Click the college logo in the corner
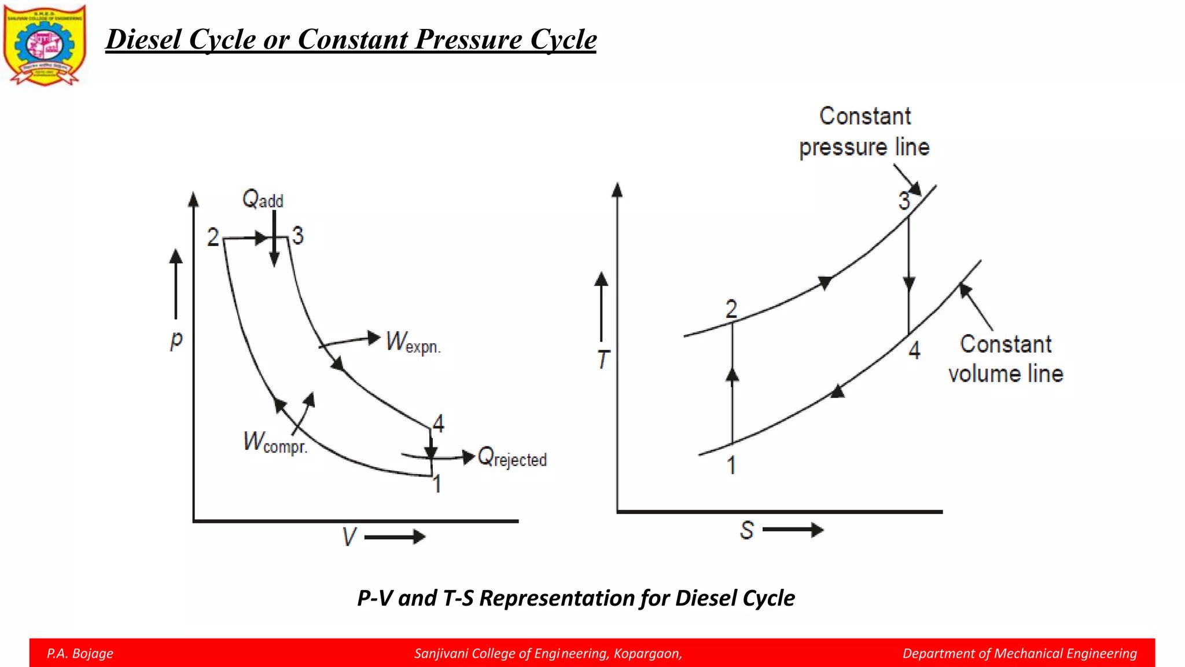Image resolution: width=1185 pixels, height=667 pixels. tap(45, 45)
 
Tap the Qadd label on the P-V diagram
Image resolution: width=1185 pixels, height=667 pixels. tap(262, 199)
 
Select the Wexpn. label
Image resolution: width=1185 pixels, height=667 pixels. tap(413, 342)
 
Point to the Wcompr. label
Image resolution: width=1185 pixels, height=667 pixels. tap(275, 443)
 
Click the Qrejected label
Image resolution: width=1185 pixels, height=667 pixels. tap(512, 457)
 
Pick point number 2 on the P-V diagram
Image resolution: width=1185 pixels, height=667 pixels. tap(214, 237)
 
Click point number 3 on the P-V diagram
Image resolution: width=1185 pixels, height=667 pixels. tap(297, 236)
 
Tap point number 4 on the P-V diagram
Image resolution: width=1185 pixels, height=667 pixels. tap(439, 423)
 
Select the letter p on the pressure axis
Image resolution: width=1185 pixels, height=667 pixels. tap(176, 339)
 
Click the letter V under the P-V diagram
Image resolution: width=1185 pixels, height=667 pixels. tap(349, 537)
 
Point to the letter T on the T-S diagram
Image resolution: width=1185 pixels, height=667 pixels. tap(603, 360)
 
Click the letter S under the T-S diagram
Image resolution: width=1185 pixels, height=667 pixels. tap(747, 530)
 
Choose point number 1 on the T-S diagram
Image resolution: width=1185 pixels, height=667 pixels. tap(731, 465)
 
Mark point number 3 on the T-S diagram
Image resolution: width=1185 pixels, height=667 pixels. tap(904, 201)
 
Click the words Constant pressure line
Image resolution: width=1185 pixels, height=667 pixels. tap(864, 131)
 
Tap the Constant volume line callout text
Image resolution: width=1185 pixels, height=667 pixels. tap(1006, 359)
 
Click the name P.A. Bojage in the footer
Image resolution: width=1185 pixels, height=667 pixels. tap(80, 654)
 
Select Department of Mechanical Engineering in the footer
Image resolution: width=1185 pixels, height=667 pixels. tap(1020, 654)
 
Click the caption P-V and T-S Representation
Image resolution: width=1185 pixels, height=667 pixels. tap(576, 598)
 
